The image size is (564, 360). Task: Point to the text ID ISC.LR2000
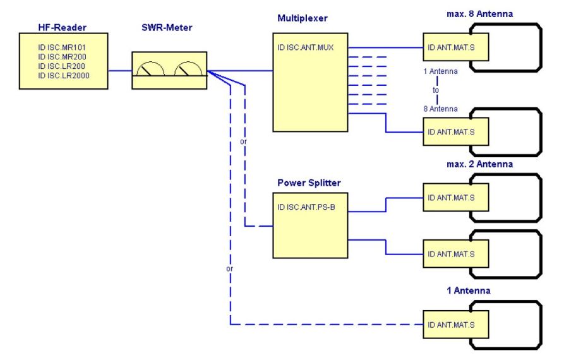pos(64,76)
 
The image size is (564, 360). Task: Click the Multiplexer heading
pos(303,19)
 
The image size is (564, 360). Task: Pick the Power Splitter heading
pos(309,183)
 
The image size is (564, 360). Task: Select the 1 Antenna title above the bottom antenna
pos(467,291)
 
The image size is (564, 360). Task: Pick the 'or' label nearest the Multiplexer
pos(243,141)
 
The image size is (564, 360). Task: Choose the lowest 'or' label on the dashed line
pos(230,270)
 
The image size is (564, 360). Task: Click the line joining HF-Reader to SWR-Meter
pos(119,70)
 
